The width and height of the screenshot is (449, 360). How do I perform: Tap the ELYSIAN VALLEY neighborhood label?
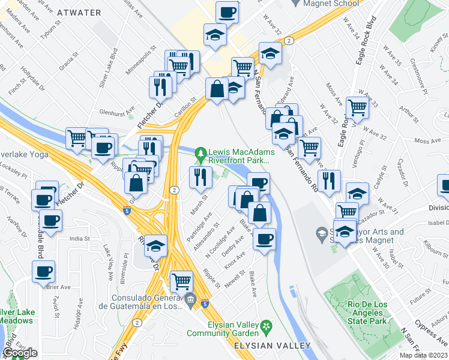(272, 346)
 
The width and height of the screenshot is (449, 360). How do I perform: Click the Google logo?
(20, 353)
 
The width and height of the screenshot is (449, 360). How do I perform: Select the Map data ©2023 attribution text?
(424, 355)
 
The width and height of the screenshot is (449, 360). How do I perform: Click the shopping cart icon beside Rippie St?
(181, 280)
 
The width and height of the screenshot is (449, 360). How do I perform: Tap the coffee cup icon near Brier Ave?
(43, 271)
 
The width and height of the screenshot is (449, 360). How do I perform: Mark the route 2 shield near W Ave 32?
(289, 40)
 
